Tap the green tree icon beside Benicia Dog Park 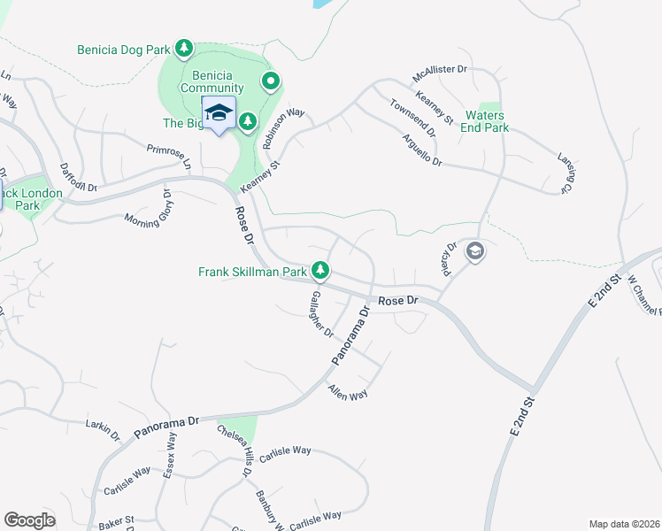pyautogui.click(x=184, y=47)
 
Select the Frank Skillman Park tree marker pyautogui.click(x=325, y=270)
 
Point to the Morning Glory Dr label pyautogui.click(x=148, y=209)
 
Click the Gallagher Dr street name pyautogui.click(x=319, y=314)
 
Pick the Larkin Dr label pyautogui.click(x=103, y=430)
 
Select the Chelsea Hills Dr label pyautogui.click(x=235, y=451)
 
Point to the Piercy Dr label pyautogui.click(x=450, y=258)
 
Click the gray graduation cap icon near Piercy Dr pyautogui.click(x=475, y=252)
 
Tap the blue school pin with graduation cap pyautogui.click(x=219, y=113)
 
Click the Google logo pyautogui.click(x=29, y=520)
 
